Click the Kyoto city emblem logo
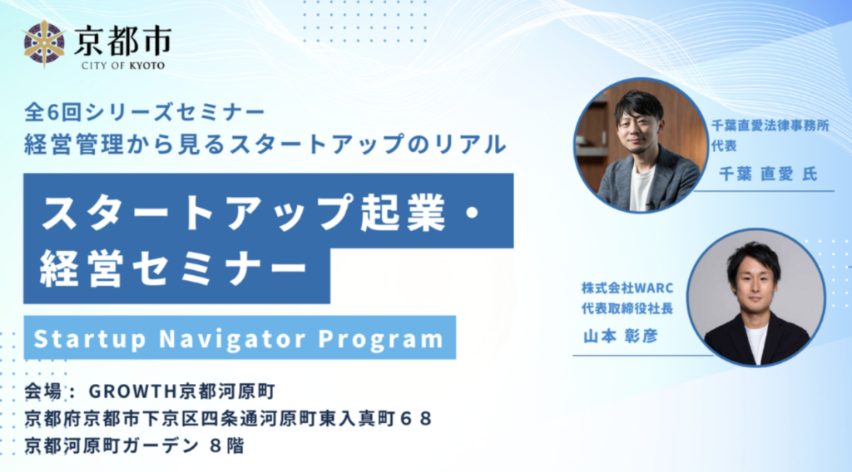pyautogui.click(x=44, y=43)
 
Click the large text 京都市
pyautogui.click(x=123, y=41)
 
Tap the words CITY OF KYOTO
pyautogui.click(x=123, y=66)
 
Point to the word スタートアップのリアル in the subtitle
pyautogui.click(x=368, y=145)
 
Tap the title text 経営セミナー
pyautogui.click(x=174, y=268)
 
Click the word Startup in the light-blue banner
pyautogui.click(x=90, y=339)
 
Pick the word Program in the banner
pyautogui.click(x=381, y=339)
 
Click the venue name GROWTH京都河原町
pyautogui.click(x=182, y=391)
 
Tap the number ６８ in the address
pyautogui.click(x=416, y=418)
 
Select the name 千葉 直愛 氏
pyautogui.click(x=768, y=174)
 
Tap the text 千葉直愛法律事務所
pyautogui.click(x=770, y=125)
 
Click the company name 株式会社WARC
pyautogui.click(x=627, y=288)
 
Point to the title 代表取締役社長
pyautogui.click(x=627, y=308)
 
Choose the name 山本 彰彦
pyautogui.click(x=620, y=337)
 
